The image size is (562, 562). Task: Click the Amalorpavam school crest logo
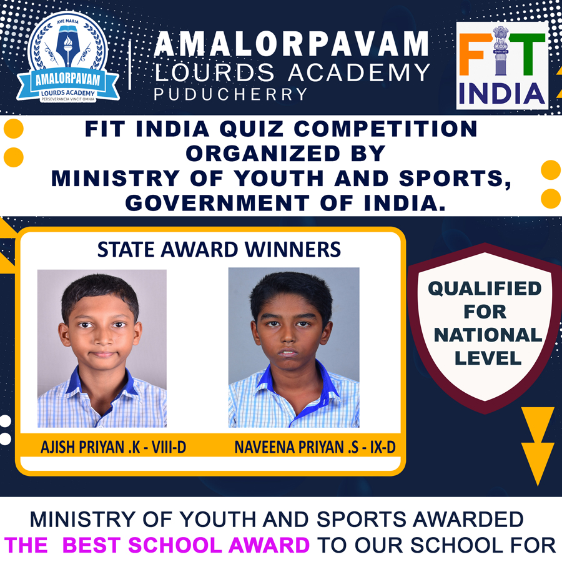pos(67,57)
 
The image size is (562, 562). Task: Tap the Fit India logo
pos(502,66)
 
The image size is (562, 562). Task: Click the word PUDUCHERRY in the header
pos(231,94)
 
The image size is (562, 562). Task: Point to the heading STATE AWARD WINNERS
pos(219,250)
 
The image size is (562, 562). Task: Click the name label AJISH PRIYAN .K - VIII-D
pos(113,447)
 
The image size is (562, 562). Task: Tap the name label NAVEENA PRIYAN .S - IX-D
pos(315,447)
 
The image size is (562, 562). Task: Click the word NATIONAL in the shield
pos(488,335)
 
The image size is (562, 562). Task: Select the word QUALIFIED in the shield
pos(485,288)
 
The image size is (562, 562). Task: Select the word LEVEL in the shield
pos(488,358)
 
